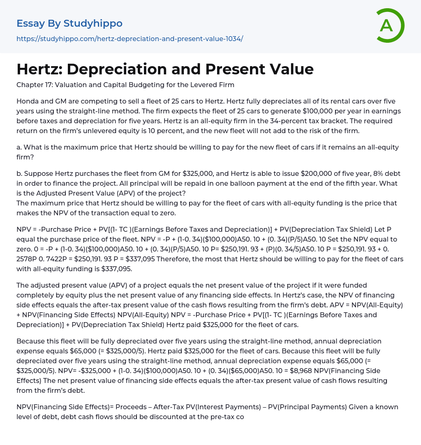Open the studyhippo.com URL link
tap(130, 39)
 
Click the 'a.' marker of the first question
tap(19, 148)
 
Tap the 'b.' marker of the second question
tap(20, 174)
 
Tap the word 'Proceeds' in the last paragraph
tap(132, 407)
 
